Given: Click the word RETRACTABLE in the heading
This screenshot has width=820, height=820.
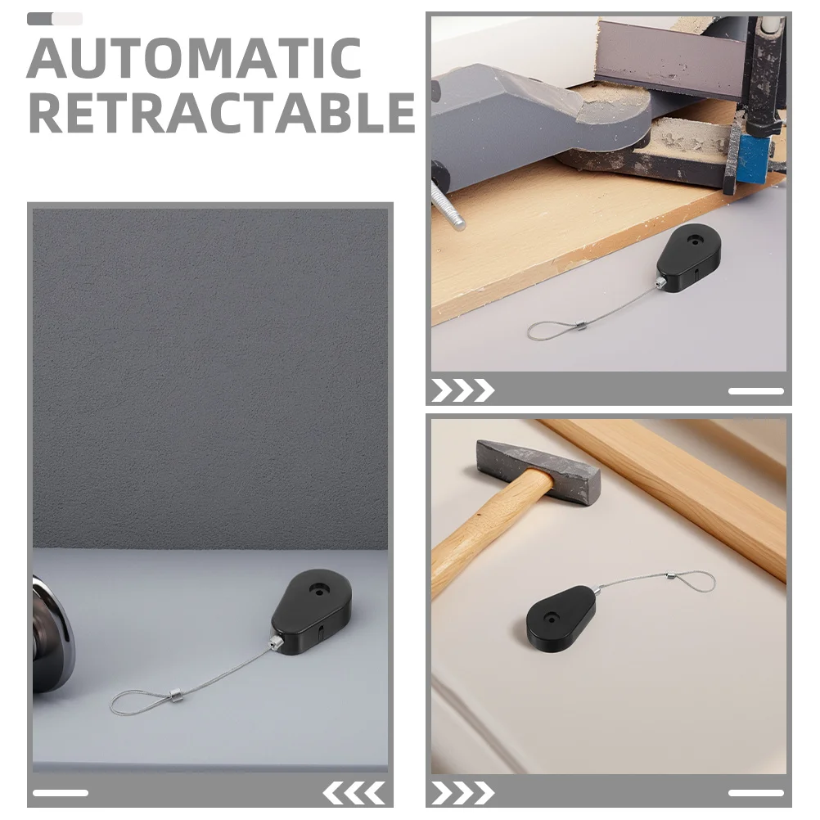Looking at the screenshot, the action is point(223,112).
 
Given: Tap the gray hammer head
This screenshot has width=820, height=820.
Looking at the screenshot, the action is point(538,471).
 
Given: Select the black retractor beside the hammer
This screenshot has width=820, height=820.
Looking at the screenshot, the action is point(561,618).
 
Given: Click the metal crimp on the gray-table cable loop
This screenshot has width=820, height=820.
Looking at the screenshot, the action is point(174,695).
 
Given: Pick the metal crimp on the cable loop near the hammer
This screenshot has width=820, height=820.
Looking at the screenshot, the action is point(669,578).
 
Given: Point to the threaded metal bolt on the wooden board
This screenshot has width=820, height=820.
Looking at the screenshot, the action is point(448,206).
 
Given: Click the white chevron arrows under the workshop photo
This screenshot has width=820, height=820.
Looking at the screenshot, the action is point(463,390).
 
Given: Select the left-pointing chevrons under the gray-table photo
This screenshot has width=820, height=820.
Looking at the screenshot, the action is point(354,793).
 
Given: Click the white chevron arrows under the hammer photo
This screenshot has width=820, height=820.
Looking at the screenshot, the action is point(463,793).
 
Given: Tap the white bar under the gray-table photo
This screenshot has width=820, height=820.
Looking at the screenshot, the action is point(60,793).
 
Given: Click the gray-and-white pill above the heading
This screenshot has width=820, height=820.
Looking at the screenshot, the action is point(55,19).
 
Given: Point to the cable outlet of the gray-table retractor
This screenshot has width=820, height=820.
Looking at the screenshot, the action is point(276,642).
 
